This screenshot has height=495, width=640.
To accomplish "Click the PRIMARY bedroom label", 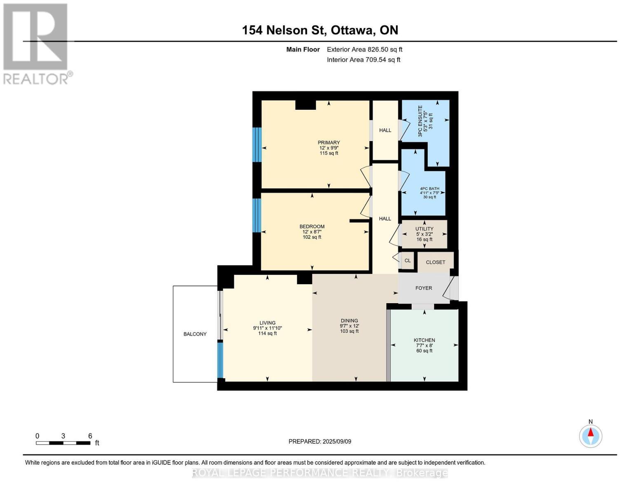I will (x=328, y=143).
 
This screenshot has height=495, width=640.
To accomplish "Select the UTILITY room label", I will (x=424, y=229).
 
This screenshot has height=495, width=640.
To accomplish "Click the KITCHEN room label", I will (x=424, y=340).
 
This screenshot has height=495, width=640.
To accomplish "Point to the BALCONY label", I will (x=195, y=334).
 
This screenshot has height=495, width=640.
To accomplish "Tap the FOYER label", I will (x=424, y=288).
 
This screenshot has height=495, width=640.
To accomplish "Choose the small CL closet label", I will (x=408, y=261).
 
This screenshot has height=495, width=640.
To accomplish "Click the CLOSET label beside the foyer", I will (x=436, y=262).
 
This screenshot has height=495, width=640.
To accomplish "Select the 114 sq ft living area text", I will (x=267, y=333).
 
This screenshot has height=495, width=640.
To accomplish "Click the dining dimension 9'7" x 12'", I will (x=349, y=326).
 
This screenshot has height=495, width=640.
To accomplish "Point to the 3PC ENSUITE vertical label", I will (x=420, y=121).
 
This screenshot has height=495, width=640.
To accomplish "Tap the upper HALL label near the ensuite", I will (x=385, y=130).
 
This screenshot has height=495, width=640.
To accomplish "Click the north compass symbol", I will (x=591, y=436).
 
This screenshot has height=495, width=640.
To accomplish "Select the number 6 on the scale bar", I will (x=90, y=436).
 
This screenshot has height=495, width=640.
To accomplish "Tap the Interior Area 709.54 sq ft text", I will (x=363, y=60).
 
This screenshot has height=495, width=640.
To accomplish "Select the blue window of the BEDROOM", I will (x=257, y=215).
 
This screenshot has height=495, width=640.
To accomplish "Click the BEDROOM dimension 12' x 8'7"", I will (x=312, y=232).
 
